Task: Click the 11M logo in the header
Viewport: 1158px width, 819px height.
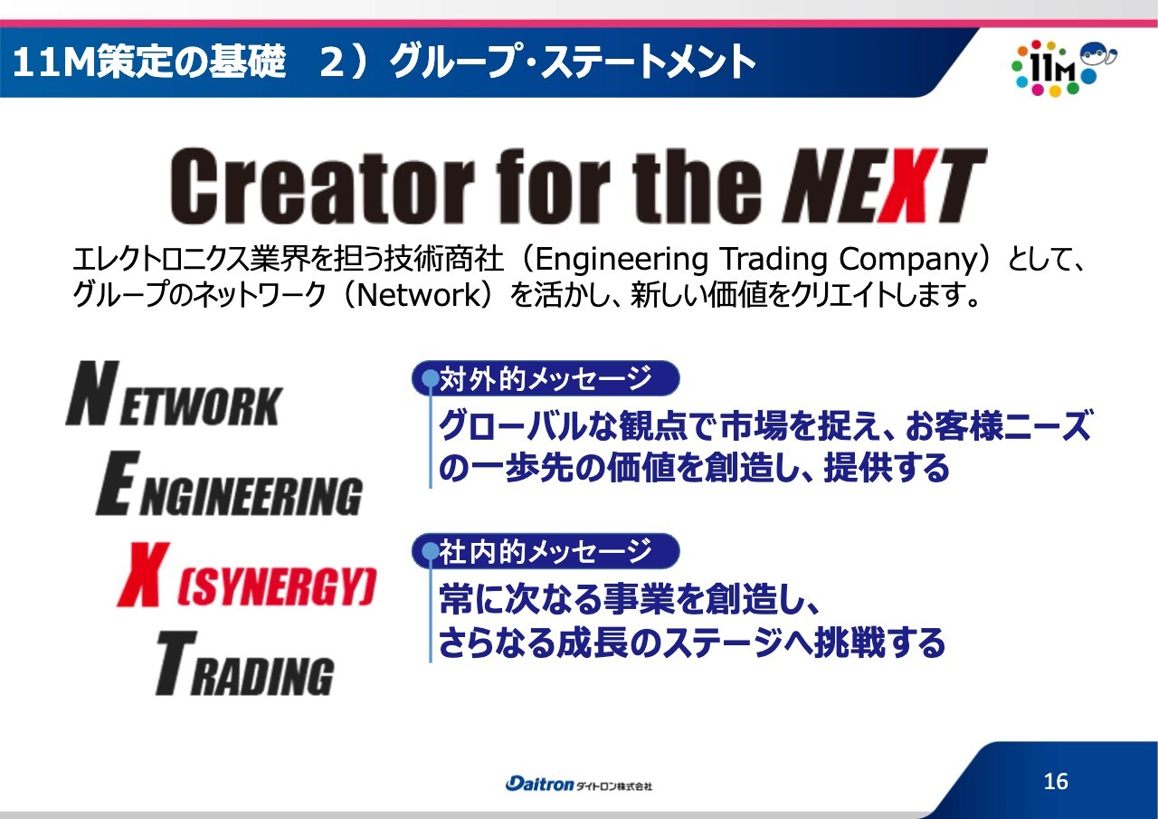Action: tap(1063, 68)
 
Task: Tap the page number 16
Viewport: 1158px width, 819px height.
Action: tap(1056, 781)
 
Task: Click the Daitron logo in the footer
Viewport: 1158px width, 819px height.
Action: tap(578, 784)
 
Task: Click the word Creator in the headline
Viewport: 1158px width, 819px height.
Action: tap(321, 186)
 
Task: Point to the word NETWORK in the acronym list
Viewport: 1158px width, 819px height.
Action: tap(175, 394)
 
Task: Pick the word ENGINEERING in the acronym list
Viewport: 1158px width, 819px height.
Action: tap(230, 484)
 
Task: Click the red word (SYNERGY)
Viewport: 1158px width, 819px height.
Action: tap(277, 586)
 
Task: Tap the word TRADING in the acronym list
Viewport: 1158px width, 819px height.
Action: tap(244, 663)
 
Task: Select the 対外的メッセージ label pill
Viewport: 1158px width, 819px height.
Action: tap(546, 378)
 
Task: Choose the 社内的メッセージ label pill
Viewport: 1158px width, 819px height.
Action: tap(546, 551)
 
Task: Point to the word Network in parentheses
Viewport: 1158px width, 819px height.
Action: tap(419, 295)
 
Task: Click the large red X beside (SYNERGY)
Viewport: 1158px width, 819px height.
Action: tap(143, 574)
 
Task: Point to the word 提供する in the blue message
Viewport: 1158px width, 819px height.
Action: tap(887, 467)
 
